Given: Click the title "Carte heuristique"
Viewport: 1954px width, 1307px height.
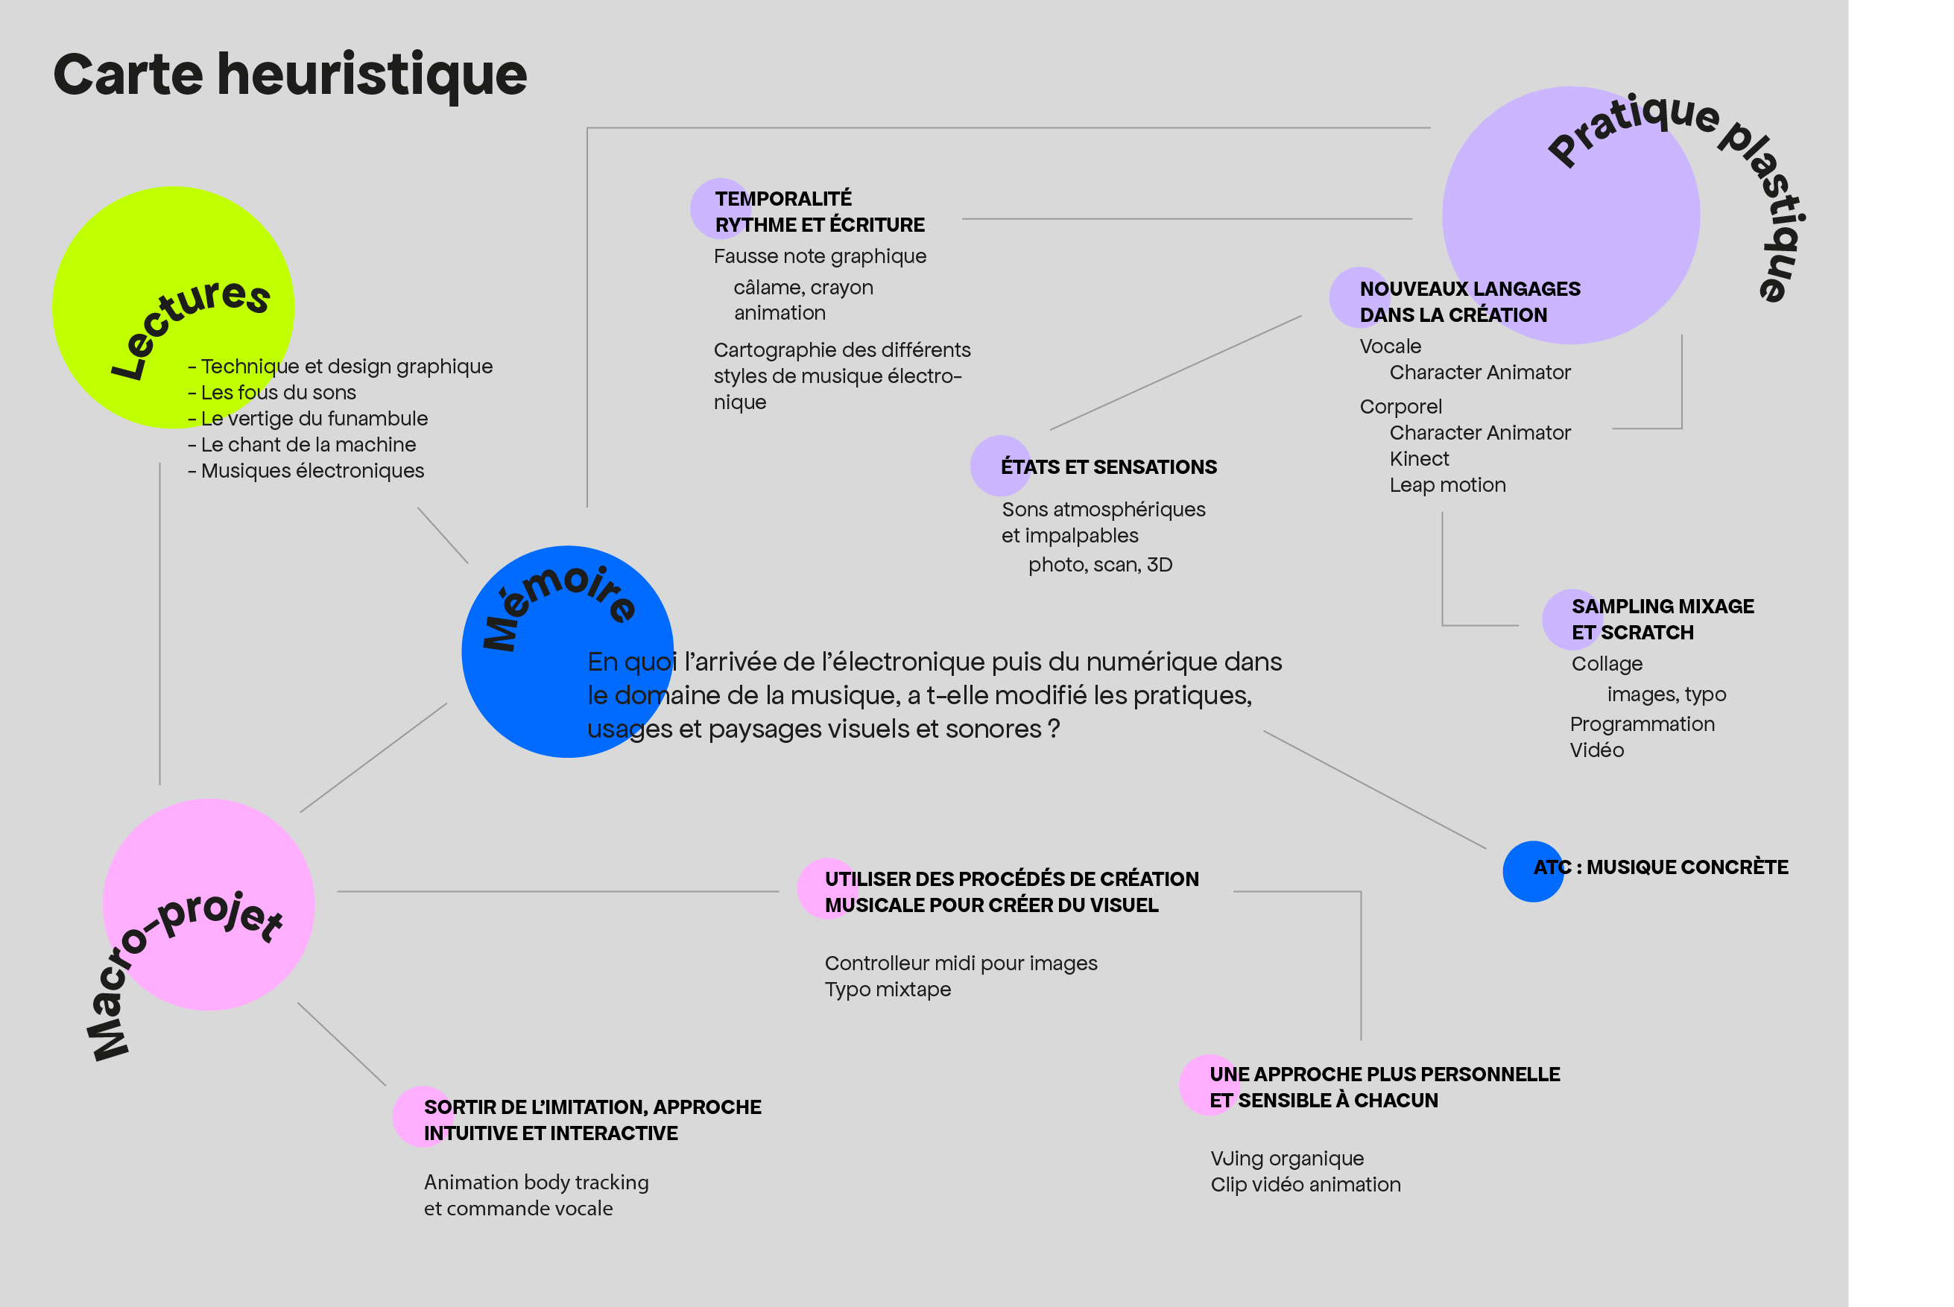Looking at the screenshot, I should pos(290,75).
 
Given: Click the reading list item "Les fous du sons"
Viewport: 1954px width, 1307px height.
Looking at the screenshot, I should pos(279,393).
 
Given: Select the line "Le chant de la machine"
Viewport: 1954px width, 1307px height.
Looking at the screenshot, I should pos(308,445).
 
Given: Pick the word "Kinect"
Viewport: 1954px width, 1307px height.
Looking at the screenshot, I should pos(1419,459).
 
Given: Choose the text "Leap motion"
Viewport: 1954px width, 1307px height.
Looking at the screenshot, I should pos(1447,485).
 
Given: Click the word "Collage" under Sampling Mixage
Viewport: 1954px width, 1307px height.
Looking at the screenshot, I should pos(1607,665).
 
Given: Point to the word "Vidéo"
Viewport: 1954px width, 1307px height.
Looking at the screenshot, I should pos(1596,750).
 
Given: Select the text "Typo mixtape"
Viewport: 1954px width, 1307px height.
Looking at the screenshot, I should pos(888,990).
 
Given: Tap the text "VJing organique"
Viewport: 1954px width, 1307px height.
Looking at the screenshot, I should pos(1287,1159).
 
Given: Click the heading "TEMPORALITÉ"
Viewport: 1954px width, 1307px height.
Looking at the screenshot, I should pos(783,199).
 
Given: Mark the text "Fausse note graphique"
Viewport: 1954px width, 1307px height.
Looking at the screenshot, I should pos(820,257).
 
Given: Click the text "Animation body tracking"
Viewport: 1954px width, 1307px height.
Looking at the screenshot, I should pos(536,1183).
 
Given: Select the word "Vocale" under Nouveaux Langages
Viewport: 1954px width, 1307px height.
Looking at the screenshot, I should pos(1391,346).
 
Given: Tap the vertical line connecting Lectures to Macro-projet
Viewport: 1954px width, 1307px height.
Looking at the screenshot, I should pos(160,625).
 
